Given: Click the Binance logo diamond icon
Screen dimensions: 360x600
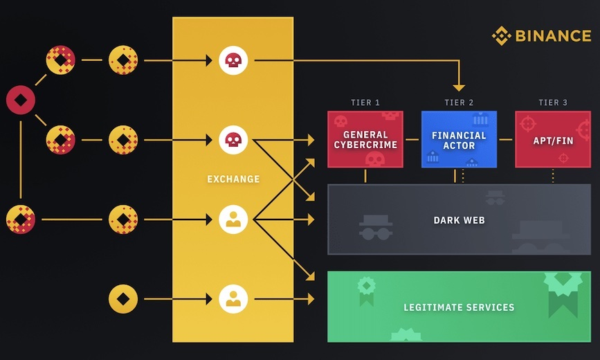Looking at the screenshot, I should [501, 36].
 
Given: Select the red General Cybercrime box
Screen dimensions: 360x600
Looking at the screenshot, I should [365, 139].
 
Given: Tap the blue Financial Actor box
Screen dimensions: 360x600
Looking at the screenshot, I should [459, 139].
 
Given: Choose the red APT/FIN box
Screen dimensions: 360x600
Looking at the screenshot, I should [552, 139].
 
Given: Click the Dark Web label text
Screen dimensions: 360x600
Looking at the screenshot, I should [459, 220].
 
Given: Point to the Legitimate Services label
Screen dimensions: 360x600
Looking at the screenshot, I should [459, 307].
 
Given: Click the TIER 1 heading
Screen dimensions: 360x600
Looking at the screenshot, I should [365, 102].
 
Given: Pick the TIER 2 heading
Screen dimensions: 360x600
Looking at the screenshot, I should [459, 102].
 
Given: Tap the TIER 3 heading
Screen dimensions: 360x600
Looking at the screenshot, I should [553, 102].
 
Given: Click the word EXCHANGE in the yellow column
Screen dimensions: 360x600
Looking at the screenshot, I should [233, 179].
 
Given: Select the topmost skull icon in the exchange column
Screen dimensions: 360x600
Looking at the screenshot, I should [233, 61].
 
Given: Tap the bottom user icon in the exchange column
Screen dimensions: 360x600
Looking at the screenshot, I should [233, 299].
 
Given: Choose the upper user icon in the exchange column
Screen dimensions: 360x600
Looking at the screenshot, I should [233, 219].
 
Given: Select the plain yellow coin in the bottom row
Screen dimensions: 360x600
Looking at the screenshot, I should [123, 299].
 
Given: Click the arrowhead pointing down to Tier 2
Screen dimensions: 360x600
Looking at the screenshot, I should [459, 87].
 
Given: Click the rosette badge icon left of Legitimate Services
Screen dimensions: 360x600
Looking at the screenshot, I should [365, 288].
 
